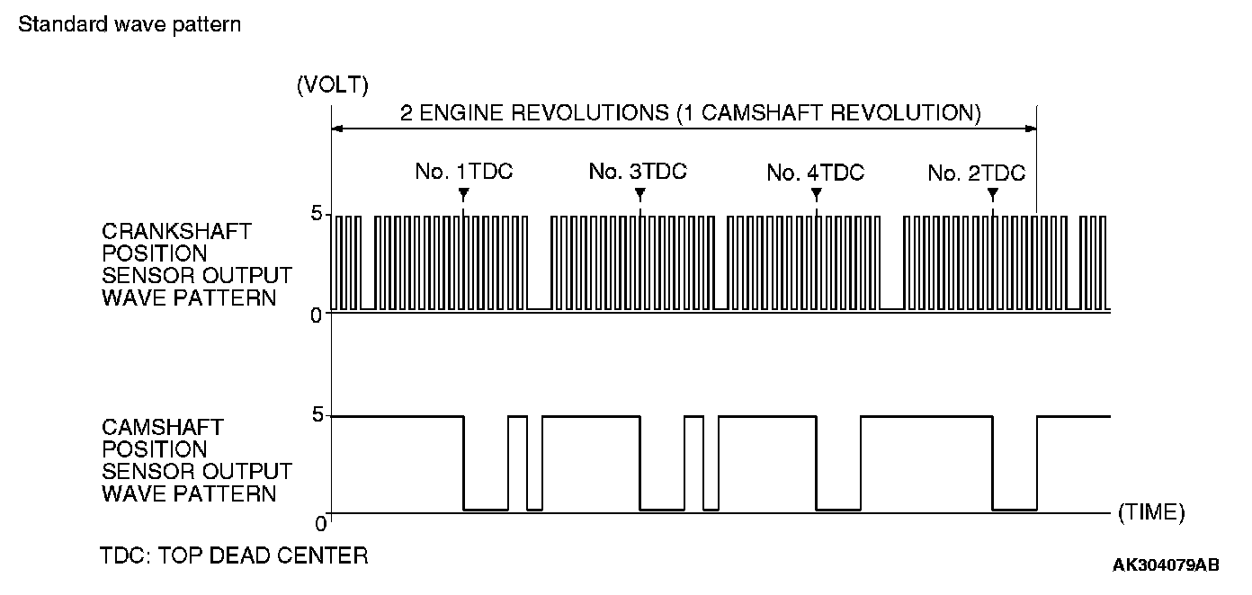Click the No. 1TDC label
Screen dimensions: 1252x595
tap(463, 172)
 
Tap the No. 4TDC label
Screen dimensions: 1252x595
tap(815, 173)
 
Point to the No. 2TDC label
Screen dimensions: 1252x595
tap(976, 173)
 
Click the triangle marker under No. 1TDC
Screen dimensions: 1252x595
tap(463, 194)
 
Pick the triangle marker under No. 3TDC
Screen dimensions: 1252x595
tap(639, 194)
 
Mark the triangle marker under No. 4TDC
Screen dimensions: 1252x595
tap(816, 194)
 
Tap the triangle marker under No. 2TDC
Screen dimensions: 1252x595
tap(992, 194)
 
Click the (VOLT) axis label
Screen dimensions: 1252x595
tap(332, 86)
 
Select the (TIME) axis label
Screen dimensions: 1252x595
tap(1150, 512)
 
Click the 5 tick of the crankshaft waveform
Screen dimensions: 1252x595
tap(316, 214)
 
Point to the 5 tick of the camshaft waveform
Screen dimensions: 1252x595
tap(316, 415)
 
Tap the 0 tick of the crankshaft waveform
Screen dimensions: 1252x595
tap(316, 315)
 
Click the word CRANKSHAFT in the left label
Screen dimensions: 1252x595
tap(176, 232)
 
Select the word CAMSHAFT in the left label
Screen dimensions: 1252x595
tap(163, 426)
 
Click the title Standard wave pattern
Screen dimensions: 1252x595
tap(130, 24)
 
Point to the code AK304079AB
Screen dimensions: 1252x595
tap(1166, 564)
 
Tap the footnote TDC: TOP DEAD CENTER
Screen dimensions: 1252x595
tap(234, 555)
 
